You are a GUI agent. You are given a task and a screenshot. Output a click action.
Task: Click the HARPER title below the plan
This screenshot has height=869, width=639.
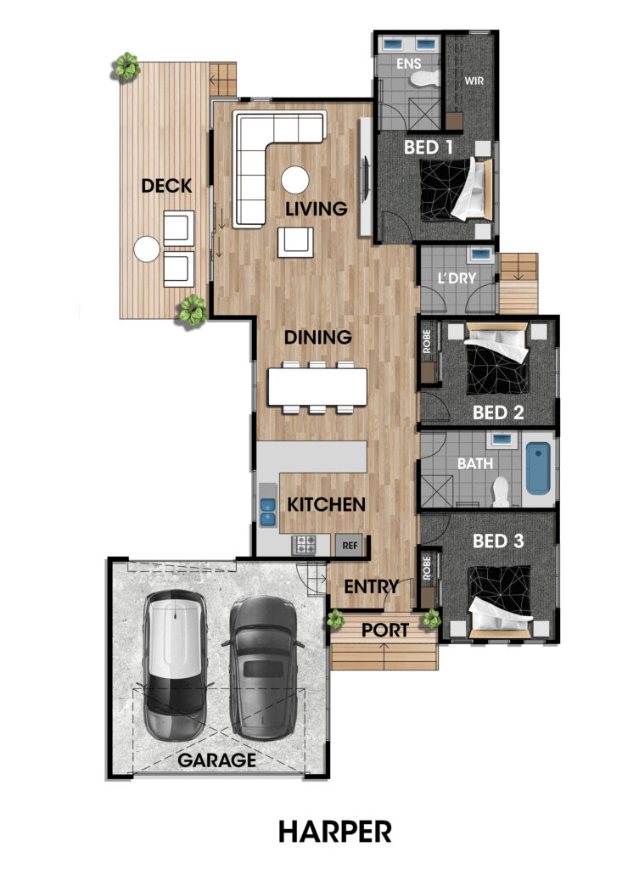(x=334, y=832)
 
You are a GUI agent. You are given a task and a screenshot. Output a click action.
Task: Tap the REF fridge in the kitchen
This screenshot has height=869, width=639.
(x=349, y=546)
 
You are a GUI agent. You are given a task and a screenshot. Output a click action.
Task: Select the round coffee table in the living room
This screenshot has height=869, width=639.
(x=294, y=180)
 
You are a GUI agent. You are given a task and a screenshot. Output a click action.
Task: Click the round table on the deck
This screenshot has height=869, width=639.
(x=147, y=249)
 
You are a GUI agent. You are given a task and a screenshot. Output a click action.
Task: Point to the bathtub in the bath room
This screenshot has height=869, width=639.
(x=537, y=468)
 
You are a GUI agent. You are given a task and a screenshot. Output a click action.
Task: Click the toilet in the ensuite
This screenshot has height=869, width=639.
(x=424, y=79)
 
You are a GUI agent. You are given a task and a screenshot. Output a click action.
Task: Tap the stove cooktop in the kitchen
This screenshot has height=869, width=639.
(x=305, y=544)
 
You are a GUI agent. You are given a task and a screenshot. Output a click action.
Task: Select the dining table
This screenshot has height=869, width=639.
(x=317, y=387)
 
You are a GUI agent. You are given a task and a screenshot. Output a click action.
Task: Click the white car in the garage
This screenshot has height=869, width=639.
(x=175, y=665)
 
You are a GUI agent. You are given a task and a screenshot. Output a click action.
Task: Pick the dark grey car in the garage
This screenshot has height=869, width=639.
(x=264, y=667)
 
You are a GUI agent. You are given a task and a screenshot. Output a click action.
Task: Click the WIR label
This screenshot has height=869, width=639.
(x=474, y=81)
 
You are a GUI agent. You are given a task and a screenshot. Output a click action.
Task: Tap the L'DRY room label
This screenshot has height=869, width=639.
(x=457, y=278)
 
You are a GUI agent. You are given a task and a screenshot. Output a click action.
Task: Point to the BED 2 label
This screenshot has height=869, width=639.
(x=498, y=412)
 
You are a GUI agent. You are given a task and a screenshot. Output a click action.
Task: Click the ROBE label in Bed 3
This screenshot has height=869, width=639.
(x=427, y=568)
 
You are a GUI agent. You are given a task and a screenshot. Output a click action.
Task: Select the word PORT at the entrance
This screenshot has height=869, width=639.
(x=385, y=631)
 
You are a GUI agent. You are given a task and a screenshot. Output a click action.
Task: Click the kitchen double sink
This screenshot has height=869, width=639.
(x=268, y=512)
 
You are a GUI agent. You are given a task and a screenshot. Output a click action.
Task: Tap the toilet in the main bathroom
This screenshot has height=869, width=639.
(x=501, y=491)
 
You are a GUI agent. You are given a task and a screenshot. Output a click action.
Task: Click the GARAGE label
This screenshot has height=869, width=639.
(x=216, y=760)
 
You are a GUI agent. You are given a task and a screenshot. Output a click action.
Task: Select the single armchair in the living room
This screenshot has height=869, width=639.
(x=295, y=242)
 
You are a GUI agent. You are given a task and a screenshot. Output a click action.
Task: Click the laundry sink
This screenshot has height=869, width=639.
(x=481, y=255)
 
